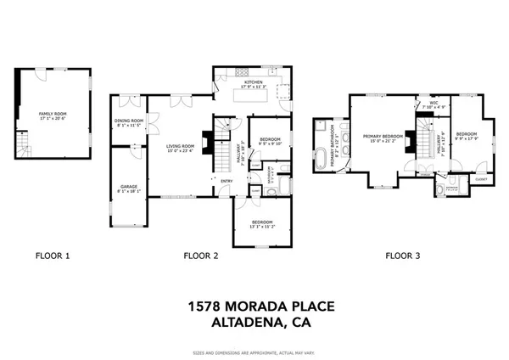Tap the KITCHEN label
pos(255,82)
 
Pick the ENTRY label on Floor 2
pos(227,181)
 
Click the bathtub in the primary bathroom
pos(322,159)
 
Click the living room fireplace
pos(204,138)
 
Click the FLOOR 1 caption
pos(53,255)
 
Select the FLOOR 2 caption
pos(200,255)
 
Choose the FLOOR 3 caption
pos(404,255)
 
